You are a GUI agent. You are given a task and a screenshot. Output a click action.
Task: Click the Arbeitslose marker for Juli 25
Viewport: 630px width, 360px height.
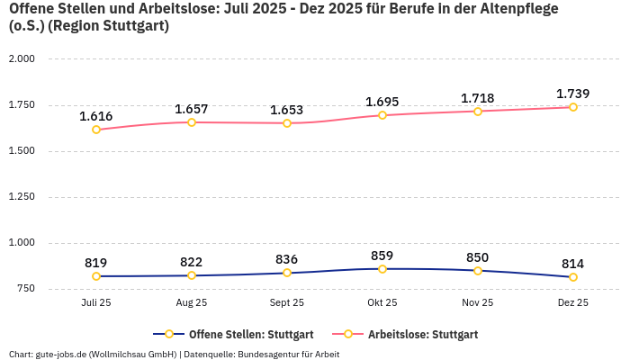click(96, 130)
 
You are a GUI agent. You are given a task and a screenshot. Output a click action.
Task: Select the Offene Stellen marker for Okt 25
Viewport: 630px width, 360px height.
click(382, 269)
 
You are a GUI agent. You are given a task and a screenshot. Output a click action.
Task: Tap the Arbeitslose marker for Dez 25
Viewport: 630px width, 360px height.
click(573, 107)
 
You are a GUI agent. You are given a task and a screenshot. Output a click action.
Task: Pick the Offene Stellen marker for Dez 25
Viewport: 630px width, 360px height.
click(573, 277)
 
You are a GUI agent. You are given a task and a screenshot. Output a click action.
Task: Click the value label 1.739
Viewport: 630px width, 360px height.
click(573, 94)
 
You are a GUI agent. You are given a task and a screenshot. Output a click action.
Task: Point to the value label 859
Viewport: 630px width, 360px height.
click(382, 256)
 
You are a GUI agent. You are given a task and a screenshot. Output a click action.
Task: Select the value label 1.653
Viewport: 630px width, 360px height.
click(287, 110)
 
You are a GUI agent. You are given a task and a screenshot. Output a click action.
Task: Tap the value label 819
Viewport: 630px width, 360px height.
click(96, 263)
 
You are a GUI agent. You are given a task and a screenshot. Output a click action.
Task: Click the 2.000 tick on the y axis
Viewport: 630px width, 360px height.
click(21, 58)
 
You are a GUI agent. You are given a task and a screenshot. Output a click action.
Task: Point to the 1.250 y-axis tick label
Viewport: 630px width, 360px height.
click(21, 196)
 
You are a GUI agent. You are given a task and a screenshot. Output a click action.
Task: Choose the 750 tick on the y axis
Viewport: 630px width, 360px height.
click(24, 288)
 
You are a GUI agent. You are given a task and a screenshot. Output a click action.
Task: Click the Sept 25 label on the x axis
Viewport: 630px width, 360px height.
click(287, 303)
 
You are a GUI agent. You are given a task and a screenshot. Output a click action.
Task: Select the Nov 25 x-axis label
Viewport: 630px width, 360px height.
click(478, 303)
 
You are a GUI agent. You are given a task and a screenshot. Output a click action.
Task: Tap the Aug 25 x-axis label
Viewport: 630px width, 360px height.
click(192, 303)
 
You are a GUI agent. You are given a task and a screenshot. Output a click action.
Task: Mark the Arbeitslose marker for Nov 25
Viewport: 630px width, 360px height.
click(478, 112)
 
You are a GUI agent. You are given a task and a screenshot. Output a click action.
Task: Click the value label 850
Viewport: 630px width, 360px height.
click(478, 257)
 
